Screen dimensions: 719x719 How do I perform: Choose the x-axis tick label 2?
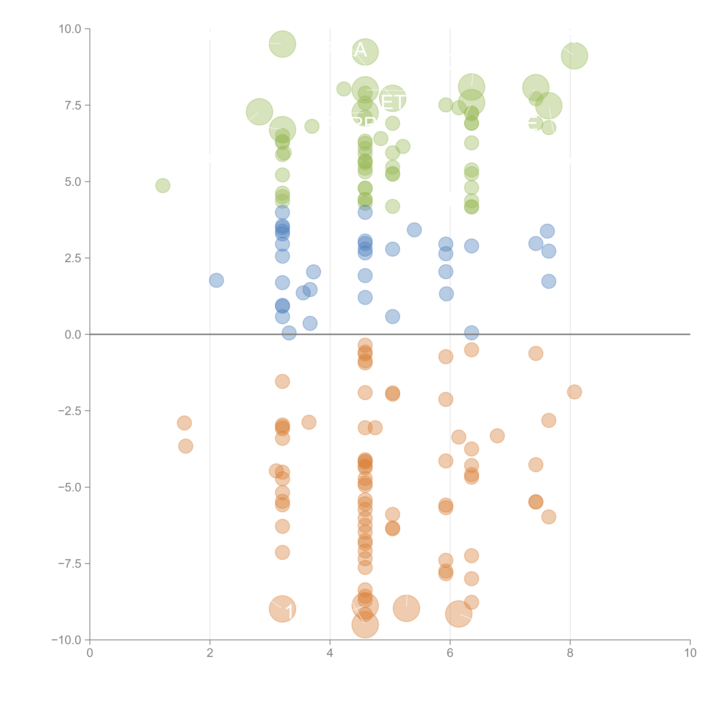(210, 653)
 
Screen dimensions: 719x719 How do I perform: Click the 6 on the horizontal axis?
(450, 653)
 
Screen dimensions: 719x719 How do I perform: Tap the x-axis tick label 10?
(690, 653)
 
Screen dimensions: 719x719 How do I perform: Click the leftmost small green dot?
(163, 185)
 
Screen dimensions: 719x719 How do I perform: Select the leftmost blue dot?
(216, 280)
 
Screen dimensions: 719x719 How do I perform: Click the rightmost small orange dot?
(574, 392)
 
